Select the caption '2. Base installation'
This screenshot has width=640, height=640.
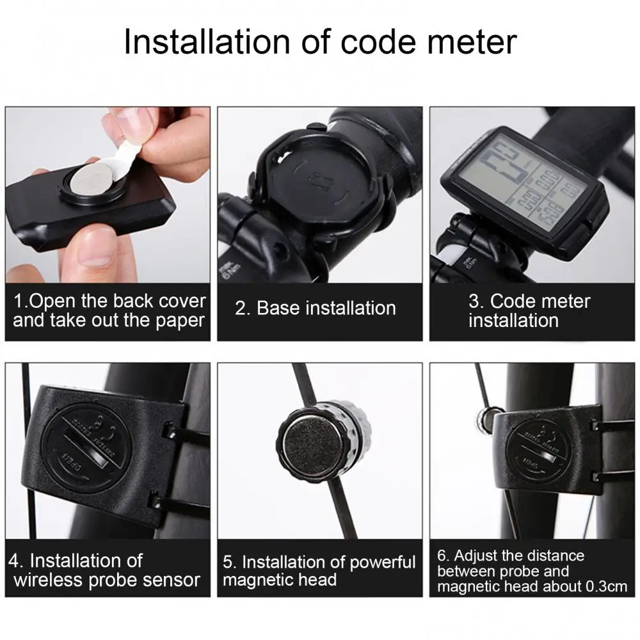pos(315,308)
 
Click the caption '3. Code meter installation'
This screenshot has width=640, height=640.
pos(529,310)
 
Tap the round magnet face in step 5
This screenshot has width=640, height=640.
pos(307,442)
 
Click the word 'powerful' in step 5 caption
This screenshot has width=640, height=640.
pos(383,563)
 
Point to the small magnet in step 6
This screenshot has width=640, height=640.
pos(484,419)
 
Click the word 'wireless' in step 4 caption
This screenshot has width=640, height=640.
pos(51,580)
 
